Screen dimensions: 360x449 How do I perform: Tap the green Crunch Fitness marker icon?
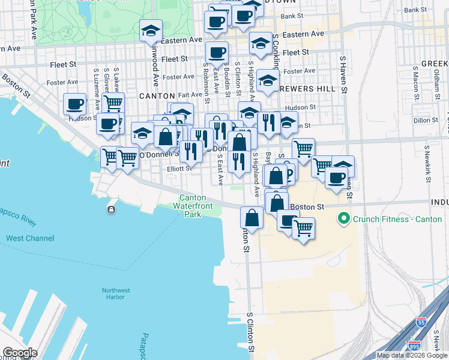344,218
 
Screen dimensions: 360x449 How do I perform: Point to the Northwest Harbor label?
113,293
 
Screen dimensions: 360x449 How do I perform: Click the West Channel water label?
29,238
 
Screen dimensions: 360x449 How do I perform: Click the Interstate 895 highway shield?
414,346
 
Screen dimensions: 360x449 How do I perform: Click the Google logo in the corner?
20,353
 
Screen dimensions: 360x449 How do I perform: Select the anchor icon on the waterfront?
111,209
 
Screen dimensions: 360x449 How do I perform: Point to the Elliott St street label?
179,169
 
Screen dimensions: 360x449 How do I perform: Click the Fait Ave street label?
190,95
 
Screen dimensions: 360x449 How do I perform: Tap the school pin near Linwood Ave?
151,30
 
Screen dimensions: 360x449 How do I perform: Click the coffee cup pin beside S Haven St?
336,176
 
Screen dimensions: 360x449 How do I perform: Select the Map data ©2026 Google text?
412,355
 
